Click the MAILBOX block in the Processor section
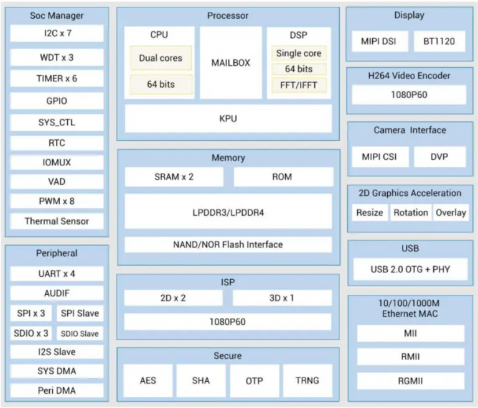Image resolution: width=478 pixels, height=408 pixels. (230, 63)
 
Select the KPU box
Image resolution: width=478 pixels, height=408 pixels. (228, 118)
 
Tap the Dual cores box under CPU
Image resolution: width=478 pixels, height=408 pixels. (161, 58)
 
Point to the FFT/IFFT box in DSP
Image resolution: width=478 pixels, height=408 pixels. (299, 85)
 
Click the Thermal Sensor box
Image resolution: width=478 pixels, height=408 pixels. (57, 221)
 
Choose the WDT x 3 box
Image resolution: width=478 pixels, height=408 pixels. (57, 57)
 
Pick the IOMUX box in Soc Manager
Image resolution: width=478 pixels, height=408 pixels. (57, 162)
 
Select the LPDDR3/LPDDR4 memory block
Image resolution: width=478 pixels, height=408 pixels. (228, 212)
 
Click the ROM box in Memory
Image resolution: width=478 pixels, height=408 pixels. (282, 177)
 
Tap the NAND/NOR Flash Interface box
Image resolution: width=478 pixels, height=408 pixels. (228, 244)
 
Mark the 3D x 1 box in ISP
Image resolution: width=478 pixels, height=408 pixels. (282, 298)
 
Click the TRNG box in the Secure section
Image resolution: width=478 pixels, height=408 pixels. (307, 381)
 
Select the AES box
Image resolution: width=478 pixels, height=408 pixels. (148, 381)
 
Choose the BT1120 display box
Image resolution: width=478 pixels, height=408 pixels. (439, 42)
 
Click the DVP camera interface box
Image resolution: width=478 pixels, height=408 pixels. (439, 157)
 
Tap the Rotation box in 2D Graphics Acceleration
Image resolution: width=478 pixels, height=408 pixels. (410, 213)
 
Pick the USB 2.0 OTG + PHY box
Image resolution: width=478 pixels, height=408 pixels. (410, 269)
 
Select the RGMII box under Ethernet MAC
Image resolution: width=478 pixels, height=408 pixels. (410, 381)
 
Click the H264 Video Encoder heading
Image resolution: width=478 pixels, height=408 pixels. (409, 76)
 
